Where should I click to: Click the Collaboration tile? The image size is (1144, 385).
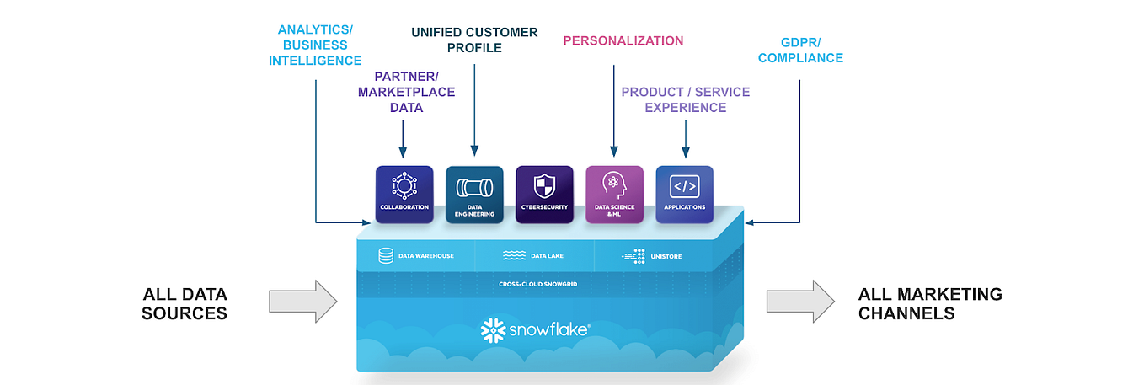tap(404, 194)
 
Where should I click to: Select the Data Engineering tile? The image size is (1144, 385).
tap(474, 194)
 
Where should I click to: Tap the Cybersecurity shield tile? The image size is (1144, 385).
tap(544, 194)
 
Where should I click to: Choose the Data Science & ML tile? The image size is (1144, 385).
tap(614, 194)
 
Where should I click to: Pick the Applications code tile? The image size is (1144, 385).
tap(684, 194)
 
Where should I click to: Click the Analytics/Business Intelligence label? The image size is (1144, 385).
tap(315, 45)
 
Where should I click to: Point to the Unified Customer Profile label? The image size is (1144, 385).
tap(474, 40)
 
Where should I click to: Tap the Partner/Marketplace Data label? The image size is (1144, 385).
tap(406, 92)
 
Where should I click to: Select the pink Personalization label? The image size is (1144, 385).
tap(623, 40)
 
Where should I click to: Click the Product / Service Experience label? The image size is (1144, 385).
tap(685, 99)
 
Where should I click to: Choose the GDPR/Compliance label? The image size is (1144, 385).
tap(800, 50)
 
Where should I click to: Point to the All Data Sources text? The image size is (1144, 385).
tap(184, 303)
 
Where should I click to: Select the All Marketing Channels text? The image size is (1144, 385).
tap(930, 303)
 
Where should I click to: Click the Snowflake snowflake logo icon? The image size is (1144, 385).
tap(491, 330)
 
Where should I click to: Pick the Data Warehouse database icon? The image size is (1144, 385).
tap(386, 256)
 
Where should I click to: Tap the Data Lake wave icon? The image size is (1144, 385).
tap(514, 256)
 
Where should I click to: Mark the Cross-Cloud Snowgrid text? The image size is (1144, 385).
tap(537, 285)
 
